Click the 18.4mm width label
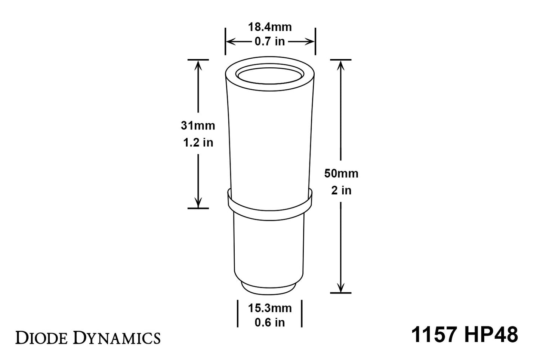[x=270, y=27]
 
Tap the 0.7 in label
[x=270, y=41]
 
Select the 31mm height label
[x=198, y=126]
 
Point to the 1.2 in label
[x=198, y=142]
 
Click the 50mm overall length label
[x=341, y=173]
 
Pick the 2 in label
[x=341, y=190]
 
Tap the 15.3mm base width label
[x=270, y=308]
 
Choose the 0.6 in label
[x=270, y=322]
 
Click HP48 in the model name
[x=491, y=335]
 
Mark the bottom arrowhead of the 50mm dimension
[x=340, y=287]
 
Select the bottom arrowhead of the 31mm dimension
[x=198, y=203]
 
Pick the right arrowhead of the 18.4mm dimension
[x=310, y=41]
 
